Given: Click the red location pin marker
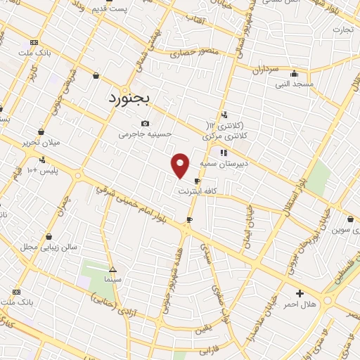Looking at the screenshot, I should [181, 165].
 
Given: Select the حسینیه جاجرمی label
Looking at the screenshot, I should [141, 133].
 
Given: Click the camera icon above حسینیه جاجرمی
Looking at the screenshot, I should [145, 123].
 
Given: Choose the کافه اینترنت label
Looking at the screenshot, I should [194, 191].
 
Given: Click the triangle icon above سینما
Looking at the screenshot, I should [112, 269].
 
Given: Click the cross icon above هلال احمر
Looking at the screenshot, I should [300, 293].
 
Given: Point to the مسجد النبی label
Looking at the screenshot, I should [294, 84].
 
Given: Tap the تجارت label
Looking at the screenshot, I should [342, 30].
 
